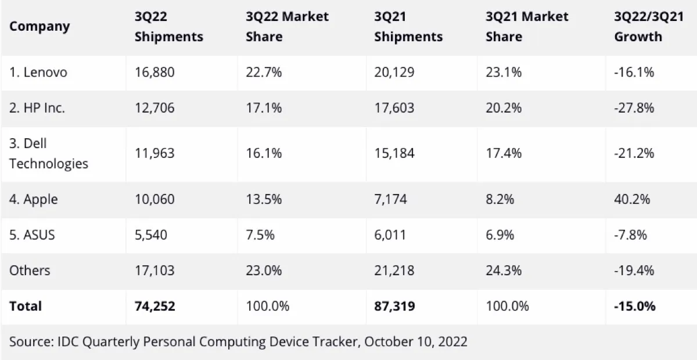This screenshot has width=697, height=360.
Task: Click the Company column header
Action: coord(39,26)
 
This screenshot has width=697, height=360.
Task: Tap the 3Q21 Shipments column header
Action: coord(408,26)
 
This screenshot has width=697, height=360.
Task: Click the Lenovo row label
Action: coord(38,73)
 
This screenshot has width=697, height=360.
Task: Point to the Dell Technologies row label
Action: coord(49,154)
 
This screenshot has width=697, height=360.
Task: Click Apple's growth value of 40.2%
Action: coord(632,200)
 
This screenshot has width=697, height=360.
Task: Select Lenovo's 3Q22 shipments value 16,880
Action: coord(155,73)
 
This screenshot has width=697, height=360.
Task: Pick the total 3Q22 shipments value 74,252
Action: coord(155,306)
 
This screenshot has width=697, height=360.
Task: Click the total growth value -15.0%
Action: coord(635,306)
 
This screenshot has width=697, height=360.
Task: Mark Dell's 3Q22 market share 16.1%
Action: coord(264,154)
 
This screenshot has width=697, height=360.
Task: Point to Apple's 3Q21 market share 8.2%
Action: coord(500,200)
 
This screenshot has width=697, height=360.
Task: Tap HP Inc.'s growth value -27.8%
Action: coord(634,108)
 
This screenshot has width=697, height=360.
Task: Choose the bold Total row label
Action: coord(26,306)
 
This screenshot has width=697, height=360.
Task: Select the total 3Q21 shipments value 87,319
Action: coord(394,306)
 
